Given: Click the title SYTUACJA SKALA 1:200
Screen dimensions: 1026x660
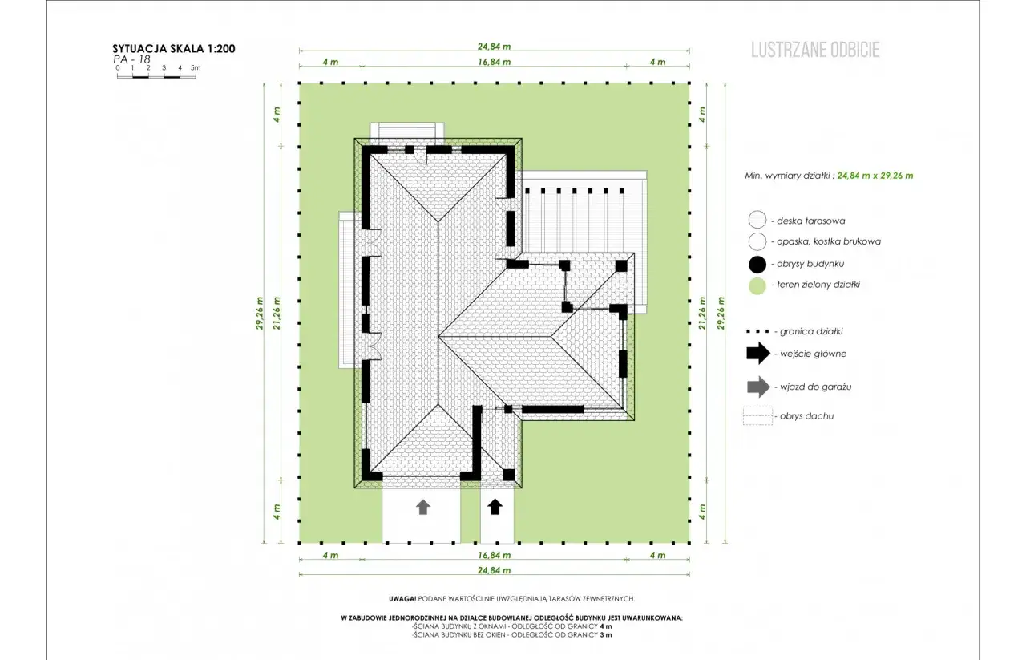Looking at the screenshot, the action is (174, 49).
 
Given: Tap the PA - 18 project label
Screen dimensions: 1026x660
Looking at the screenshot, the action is (131, 59).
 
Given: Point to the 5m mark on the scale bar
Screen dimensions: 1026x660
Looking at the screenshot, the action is (196, 67).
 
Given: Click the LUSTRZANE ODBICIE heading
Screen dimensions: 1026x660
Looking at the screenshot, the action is (815, 50).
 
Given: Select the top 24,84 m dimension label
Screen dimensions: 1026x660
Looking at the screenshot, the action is (495, 47).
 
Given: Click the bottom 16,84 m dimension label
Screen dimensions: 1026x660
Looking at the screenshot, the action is (495, 555).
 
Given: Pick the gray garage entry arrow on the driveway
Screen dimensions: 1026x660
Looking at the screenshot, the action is (422, 507).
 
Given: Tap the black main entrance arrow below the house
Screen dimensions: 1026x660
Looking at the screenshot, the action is (495, 507).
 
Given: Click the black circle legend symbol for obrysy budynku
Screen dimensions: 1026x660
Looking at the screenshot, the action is (757, 265).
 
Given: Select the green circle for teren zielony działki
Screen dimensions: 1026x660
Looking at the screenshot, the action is (757, 285).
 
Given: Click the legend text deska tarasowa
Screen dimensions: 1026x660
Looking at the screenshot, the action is (810, 221).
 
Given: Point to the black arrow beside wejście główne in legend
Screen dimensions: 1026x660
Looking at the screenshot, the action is (758, 353).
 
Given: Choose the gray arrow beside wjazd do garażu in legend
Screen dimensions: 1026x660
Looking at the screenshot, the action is (758, 387).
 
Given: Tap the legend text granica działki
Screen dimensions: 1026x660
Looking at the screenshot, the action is (811, 331).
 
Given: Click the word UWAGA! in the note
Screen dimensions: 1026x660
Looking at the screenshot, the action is (402, 598).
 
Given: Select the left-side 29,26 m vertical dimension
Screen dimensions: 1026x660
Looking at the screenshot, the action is (260, 313).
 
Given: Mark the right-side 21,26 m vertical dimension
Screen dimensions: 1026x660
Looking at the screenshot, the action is (703, 313).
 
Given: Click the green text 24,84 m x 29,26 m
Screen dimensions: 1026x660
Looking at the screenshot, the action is (875, 176).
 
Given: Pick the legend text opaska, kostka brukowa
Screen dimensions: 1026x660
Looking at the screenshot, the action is (829, 241).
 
